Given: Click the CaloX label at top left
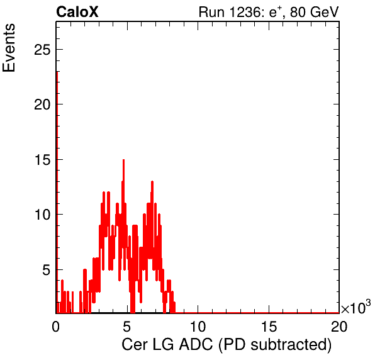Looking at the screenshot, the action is tap(77, 12).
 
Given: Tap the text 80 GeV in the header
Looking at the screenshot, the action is tap(314, 12).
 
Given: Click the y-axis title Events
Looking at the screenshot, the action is tap(9, 48).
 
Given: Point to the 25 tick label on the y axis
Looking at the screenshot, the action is tap(42, 50).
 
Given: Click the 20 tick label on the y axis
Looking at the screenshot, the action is tap(42, 104).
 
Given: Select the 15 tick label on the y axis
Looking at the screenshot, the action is tap(42, 160).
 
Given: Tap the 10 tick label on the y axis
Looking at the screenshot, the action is tap(42, 215).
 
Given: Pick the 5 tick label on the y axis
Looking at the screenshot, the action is tap(47, 270).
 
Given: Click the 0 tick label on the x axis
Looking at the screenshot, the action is tap(56, 327).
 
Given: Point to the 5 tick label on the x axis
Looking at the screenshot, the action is tap(126, 327).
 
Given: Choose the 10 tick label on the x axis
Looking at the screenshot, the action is tap(198, 327).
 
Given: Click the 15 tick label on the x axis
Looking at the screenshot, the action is tap(269, 327).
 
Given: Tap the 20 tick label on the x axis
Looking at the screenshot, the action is tap(339, 327).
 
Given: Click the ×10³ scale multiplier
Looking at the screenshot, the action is tap(356, 307).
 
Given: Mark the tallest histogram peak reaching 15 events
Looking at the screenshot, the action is tap(123, 160).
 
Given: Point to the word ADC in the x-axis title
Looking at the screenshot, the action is tap(196, 344).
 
